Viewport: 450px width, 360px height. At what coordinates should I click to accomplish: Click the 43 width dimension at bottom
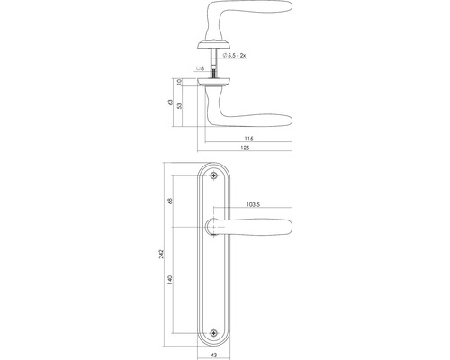tap(212, 354)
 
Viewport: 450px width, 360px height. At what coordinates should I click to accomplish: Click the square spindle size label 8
tap(200, 67)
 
